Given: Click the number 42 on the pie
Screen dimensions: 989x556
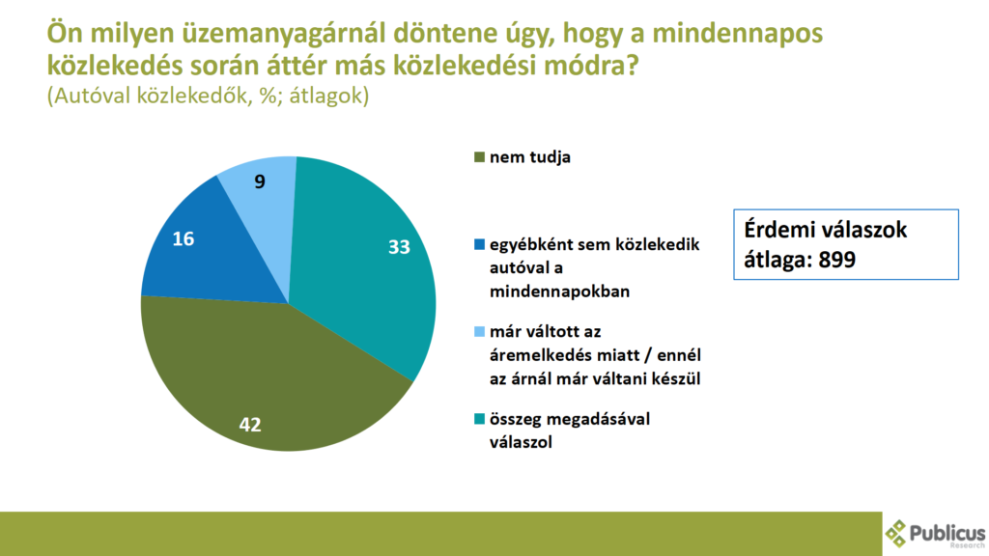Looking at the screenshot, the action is click(x=250, y=425).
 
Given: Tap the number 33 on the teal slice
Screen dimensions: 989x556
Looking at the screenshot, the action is click(x=399, y=246).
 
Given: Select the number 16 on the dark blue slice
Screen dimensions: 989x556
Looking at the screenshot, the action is click(x=183, y=239).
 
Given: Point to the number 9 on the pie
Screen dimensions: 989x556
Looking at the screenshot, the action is click(x=260, y=181).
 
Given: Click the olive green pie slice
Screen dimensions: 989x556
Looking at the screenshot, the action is click(x=265, y=378).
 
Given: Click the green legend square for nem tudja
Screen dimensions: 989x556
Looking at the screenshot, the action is click(x=479, y=157).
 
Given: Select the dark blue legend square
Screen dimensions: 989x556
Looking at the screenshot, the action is click(x=479, y=244).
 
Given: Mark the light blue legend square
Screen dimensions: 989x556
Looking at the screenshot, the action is click(x=479, y=332).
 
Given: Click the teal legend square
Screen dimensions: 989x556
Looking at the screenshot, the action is click(x=479, y=419).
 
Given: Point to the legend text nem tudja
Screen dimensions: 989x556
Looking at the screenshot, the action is click(x=530, y=157).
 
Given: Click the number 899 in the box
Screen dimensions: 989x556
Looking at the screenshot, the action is click(x=836, y=259).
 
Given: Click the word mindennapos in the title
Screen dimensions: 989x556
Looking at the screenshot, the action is click(x=737, y=34).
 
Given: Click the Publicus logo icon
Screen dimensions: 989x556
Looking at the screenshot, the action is click(x=895, y=533).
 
